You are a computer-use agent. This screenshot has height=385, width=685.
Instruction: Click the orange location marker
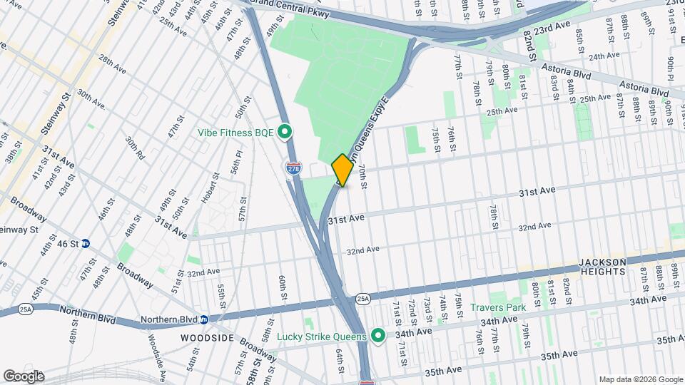[342, 170]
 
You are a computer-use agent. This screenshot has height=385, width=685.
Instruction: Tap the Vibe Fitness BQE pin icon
[285, 132]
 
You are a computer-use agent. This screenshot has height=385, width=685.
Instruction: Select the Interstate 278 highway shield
[293, 168]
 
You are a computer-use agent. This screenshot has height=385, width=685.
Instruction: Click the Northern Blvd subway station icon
[203, 319]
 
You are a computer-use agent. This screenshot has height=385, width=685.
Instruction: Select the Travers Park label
[498, 308]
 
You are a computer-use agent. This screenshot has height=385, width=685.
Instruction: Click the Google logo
[23, 376]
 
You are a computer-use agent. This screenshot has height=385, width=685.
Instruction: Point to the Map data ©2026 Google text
[640, 379]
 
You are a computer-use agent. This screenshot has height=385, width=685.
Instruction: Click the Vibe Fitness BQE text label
[237, 132]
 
